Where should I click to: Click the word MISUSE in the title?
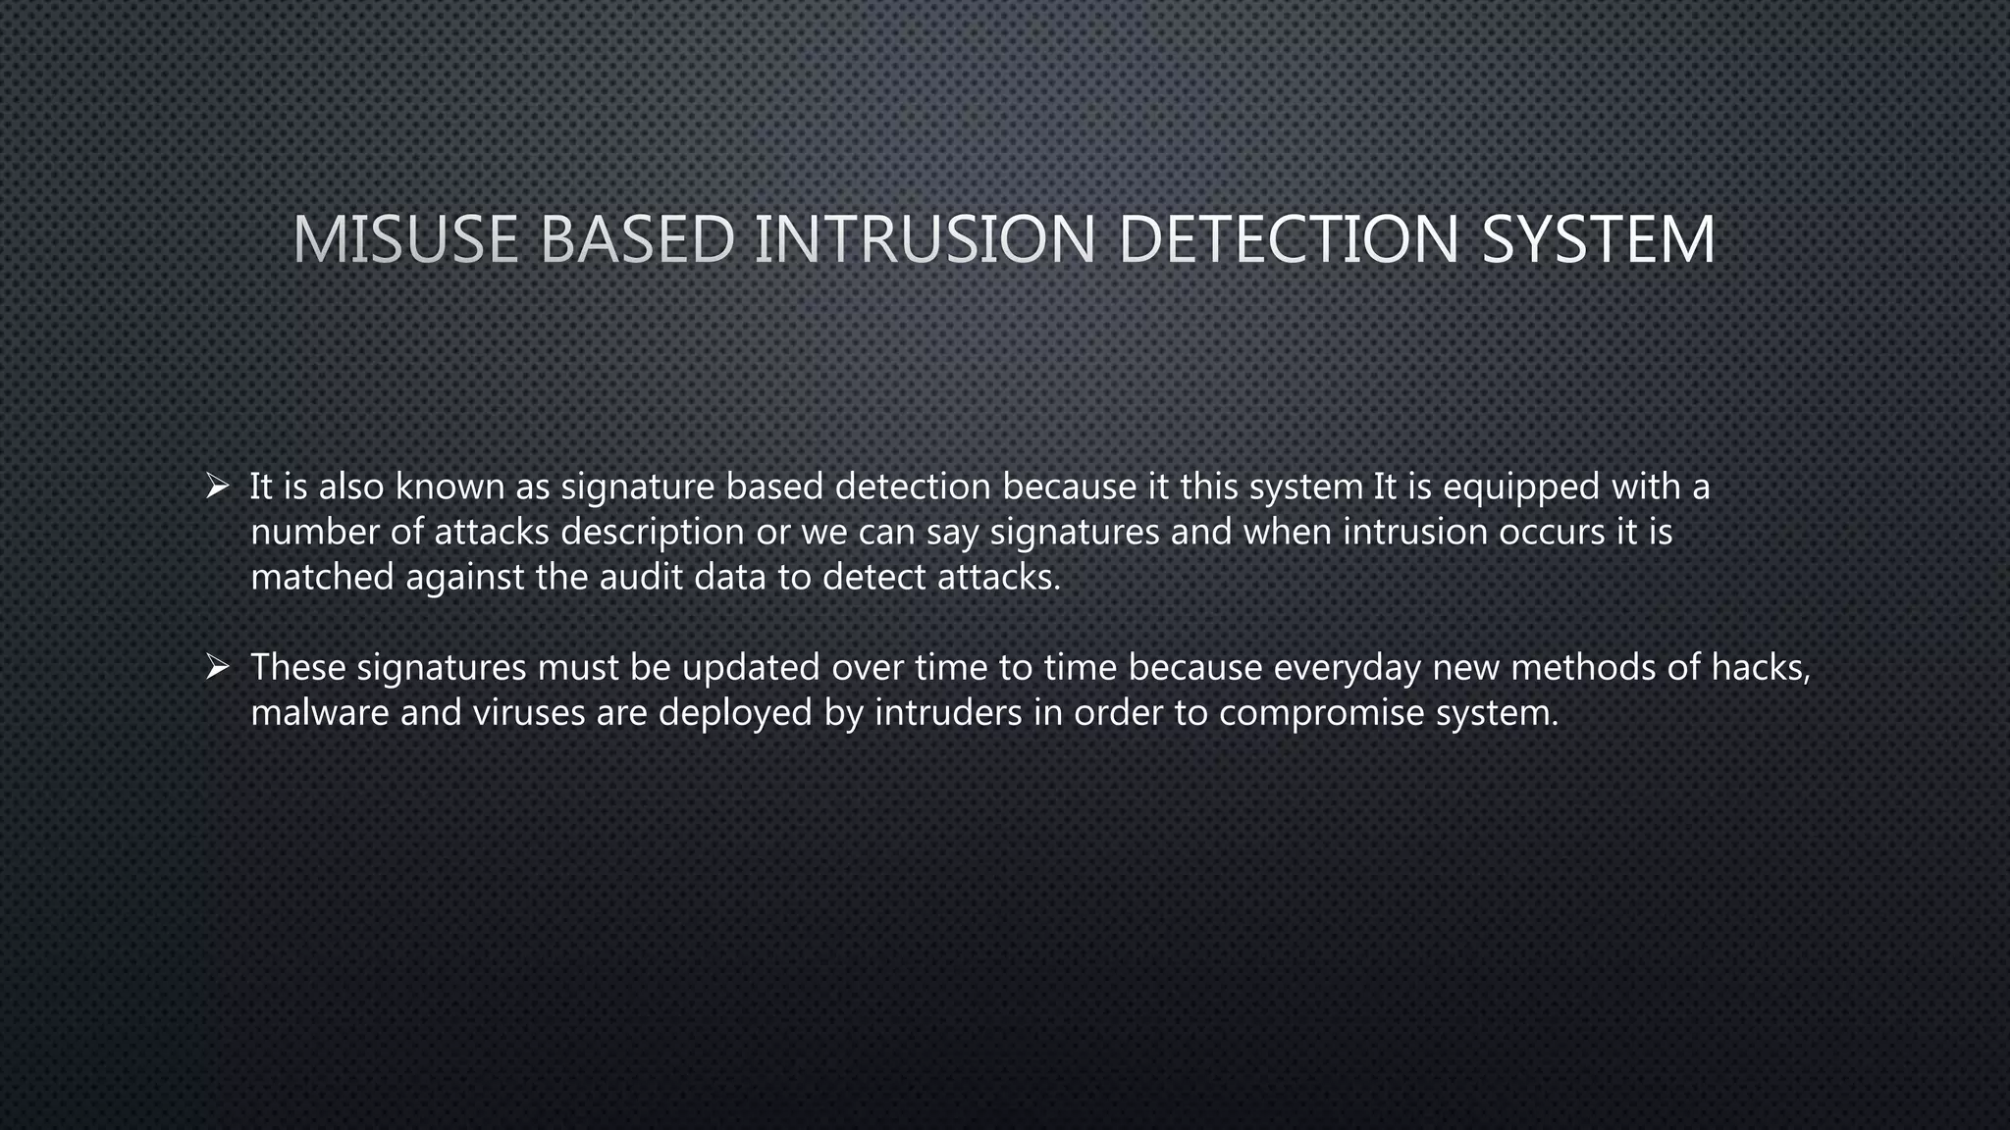[405, 239]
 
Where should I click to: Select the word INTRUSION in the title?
[925, 239]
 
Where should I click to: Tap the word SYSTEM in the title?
[1598, 239]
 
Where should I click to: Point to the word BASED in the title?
[637, 239]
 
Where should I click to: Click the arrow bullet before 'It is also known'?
[217, 486]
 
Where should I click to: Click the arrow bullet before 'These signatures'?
[217, 667]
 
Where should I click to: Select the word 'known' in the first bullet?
[450, 487]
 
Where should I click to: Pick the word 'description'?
[653, 533]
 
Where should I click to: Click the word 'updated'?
[751, 667]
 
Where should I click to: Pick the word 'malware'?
[320, 712]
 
